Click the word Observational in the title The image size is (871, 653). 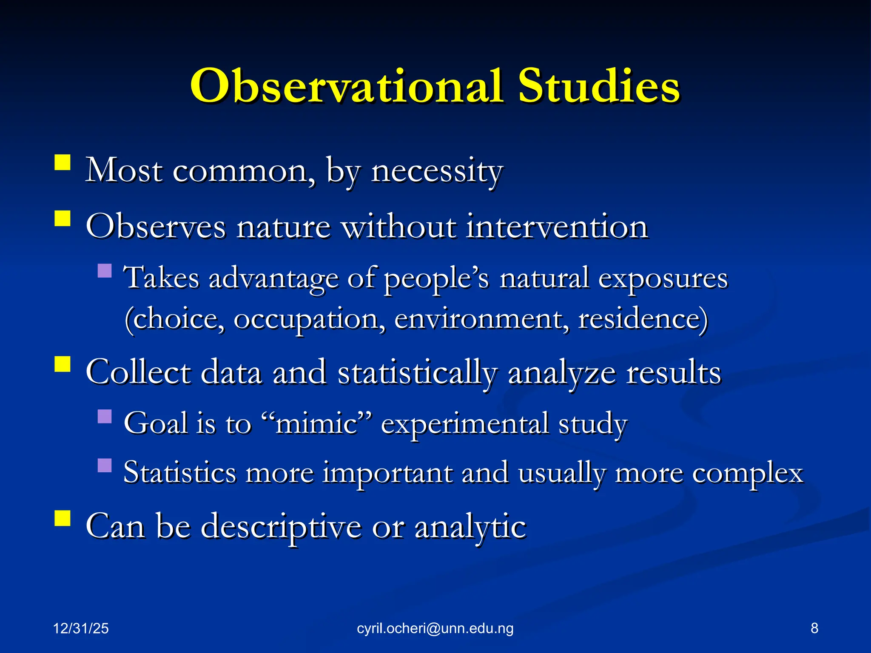347,86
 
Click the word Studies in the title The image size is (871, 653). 599,86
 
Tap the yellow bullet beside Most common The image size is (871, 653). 63,162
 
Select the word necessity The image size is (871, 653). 437,171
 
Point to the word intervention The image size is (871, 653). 557,226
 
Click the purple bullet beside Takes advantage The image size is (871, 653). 104,271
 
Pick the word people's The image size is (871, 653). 437,278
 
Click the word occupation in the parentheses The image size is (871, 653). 309,319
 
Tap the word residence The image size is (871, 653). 642,319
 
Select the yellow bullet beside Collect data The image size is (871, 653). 63,364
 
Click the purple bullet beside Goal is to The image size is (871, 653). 104,416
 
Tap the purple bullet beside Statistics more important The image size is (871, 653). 104,466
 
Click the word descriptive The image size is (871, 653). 281,527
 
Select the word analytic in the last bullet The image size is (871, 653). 470,527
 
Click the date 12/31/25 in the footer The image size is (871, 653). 81,628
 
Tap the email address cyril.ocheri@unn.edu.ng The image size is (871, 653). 435,628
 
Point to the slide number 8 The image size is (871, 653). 814,628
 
